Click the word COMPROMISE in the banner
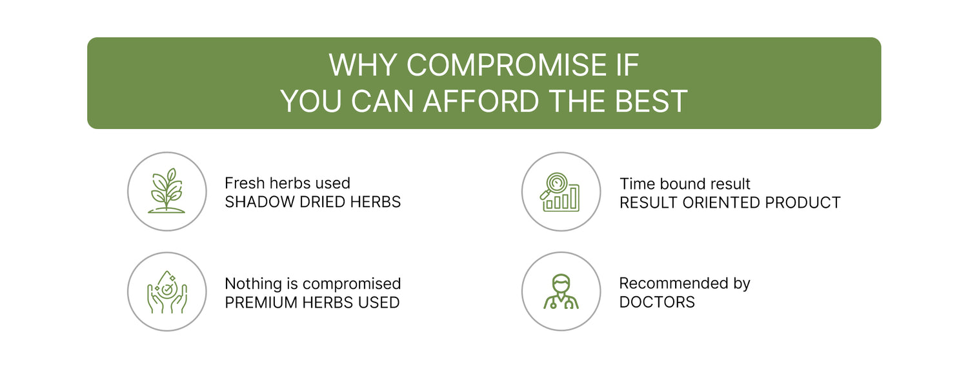click(507, 65)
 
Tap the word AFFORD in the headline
click(481, 101)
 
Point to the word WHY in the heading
click(363, 65)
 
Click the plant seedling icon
click(166, 190)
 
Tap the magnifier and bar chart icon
click(560, 192)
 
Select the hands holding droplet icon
click(166, 292)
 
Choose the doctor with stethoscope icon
click(561, 292)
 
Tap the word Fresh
click(245, 183)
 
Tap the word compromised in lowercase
click(352, 284)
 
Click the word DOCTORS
click(657, 303)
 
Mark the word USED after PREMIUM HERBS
click(379, 303)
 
